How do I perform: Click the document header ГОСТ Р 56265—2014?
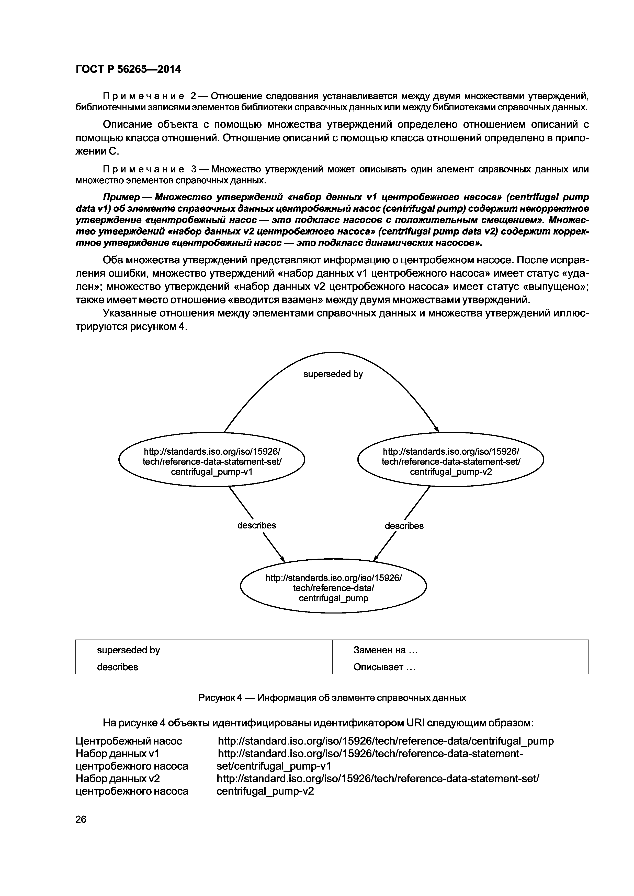click(128, 69)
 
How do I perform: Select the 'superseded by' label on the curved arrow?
click(333, 374)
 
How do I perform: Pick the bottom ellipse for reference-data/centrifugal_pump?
click(333, 588)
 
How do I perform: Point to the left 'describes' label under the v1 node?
click(257, 525)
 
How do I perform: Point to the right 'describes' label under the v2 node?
click(404, 526)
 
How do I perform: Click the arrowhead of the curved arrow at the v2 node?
click(437, 430)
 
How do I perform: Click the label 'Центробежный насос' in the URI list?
click(129, 741)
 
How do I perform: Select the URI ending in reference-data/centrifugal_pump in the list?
click(385, 741)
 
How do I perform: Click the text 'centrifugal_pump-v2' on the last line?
click(265, 791)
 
